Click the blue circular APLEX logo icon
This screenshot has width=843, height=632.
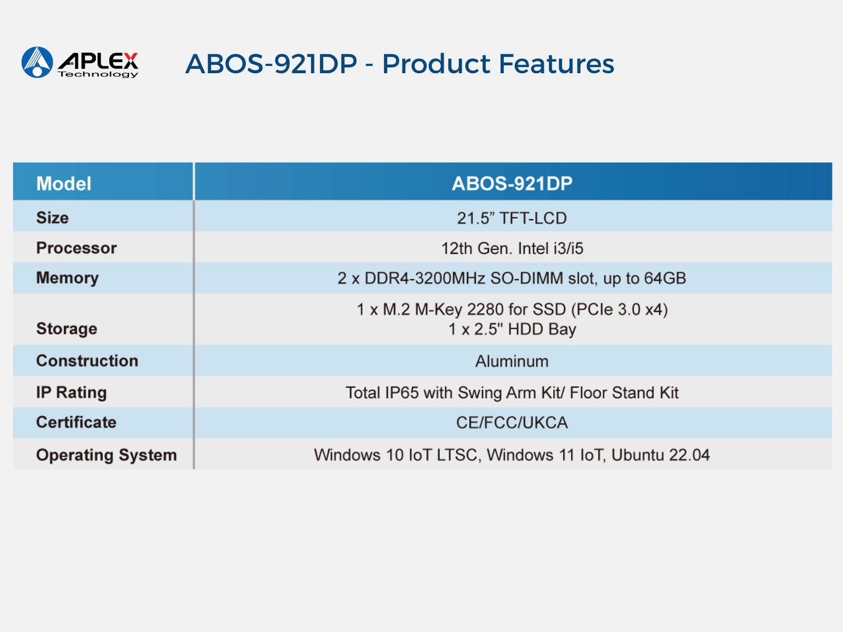tap(37, 62)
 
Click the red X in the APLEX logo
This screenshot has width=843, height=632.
tap(131, 61)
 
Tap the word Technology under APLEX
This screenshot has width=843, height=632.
tap(98, 74)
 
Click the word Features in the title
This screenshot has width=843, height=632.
tap(556, 64)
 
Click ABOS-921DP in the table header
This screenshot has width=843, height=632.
tap(512, 183)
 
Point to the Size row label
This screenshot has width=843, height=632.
tap(53, 218)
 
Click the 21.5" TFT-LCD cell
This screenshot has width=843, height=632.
tap(512, 218)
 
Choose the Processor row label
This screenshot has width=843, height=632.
tap(76, 248)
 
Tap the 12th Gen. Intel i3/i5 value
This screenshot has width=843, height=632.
tap(512, 248)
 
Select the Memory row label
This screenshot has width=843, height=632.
tap(67, 278)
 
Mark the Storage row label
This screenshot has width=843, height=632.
tap(67, 329)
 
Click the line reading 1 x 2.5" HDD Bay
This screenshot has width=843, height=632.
tap(512, 329)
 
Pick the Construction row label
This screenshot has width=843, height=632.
tap(87, 361)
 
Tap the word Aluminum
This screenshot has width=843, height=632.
tap(512, 361)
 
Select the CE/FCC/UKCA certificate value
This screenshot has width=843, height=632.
tap(512, 422)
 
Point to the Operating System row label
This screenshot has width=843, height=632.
tap(106, 455)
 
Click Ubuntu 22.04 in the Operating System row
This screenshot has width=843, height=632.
tap(661, 455)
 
